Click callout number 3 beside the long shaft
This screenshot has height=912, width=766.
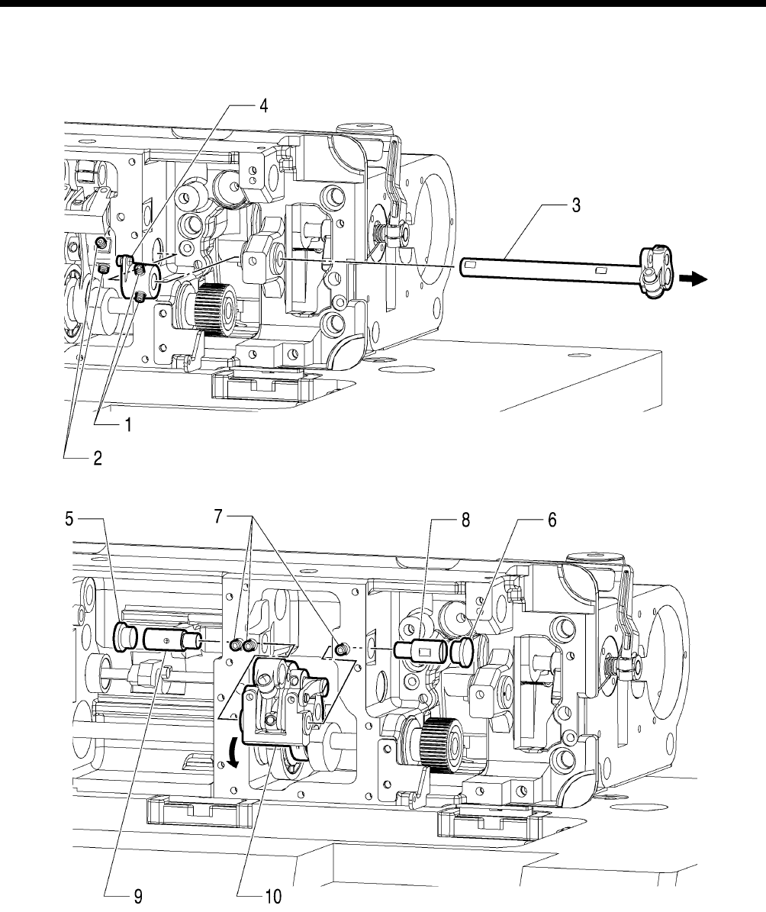tap(576, 205)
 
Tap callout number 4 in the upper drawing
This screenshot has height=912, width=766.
tap(263, 106)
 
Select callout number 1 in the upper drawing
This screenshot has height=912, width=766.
tap(128, 425)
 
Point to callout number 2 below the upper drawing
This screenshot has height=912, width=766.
tap(98, 459)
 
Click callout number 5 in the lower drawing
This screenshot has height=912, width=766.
tap(69, 518)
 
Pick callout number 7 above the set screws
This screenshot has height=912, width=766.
tap(219, 516)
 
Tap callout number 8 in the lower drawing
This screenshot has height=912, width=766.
tap(465, 520)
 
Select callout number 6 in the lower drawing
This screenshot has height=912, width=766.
tap(552, 520)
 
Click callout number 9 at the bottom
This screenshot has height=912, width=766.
tap(138, 896)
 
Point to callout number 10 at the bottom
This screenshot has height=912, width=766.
tap(273, 896)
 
